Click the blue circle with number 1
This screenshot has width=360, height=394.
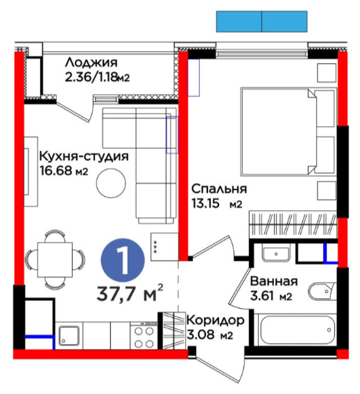pyautogui.click(x=123, y=260)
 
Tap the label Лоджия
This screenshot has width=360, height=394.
pyautogui.click(x=92, y=62)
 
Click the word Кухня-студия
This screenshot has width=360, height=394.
pyautogui.click(x=84, y=156)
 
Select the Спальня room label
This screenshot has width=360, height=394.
pyautogui.click(x=219, y=189)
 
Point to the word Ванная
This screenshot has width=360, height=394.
pyautogui.click(x=274, y=281)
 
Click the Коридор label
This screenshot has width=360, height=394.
pyautogui.click(x=216, y=320)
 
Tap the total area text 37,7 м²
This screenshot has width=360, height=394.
pyautogui.click(x=130, y=293)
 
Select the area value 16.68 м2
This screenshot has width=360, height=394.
pyautogui.click(x=64, y=171)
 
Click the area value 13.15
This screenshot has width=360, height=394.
pyautogui.click(x=206, y=203)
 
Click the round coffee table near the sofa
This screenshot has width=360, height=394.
pyautogui.click(x=111, y=183)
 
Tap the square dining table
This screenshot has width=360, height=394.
pyautogui.click(x=55, y=259)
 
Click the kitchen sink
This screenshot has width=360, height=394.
pyautogui.click(x=69, y=336)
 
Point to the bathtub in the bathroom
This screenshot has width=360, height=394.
pyautogui.click(x=295, y=329)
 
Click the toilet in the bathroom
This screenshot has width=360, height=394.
pyautogui.click(x=323, y=291)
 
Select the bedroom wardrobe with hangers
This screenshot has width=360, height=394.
pyautogui.click(x=293, y=225)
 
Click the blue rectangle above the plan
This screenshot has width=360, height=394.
pyautogui.click(x=262, y=22)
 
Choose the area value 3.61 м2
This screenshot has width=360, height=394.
pyautogui.click(x=271, y=296)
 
